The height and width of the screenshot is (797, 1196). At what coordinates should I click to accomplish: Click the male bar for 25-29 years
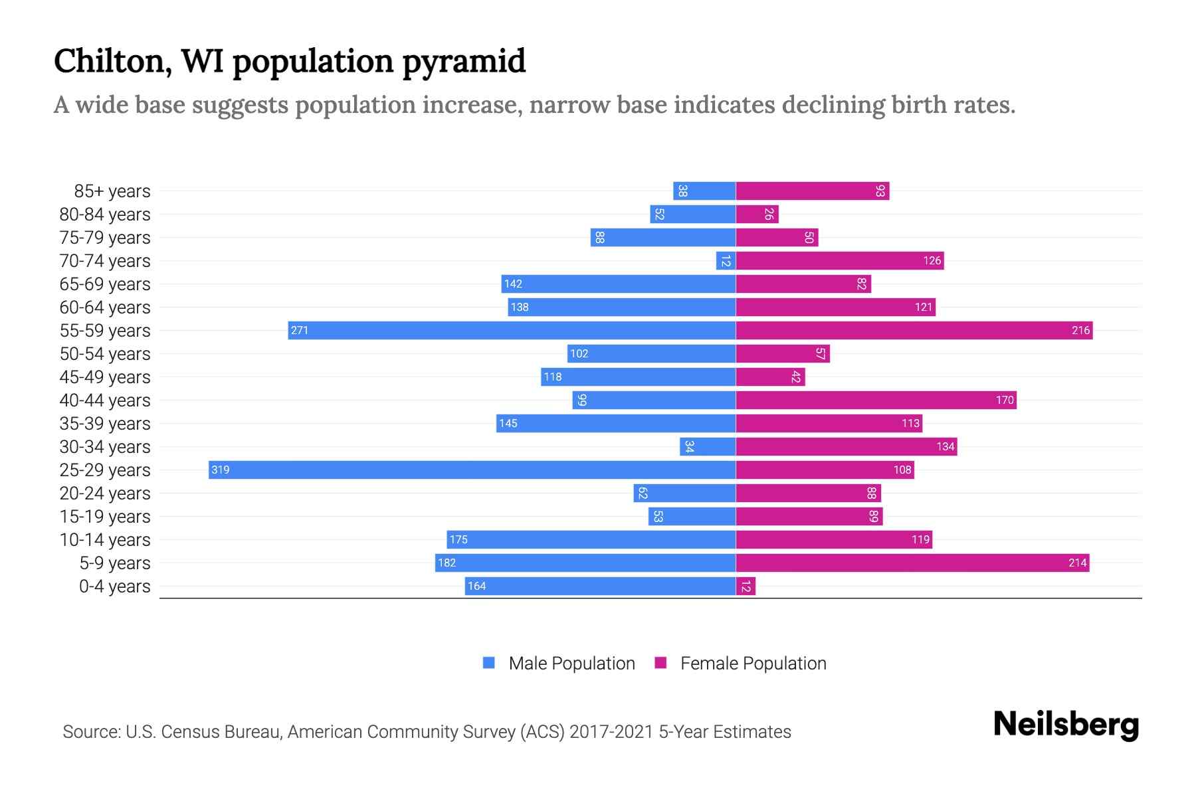click(x=472, y=470)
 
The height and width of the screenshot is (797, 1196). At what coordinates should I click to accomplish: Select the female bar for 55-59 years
click(x=914, y=330)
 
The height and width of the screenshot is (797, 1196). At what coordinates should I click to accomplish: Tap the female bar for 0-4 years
click(x=746, y=586)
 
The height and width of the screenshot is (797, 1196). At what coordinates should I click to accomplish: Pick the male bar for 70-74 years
click(x=726, y=260)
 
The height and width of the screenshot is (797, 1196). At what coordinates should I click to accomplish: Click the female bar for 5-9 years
click(x=912, y=563)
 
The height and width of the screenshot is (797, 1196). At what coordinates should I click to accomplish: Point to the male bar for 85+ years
click(x=704, y=191)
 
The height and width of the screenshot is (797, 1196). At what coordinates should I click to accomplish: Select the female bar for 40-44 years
click(x=876, y=400)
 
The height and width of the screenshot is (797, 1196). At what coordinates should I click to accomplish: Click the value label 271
click(x=300, y=330)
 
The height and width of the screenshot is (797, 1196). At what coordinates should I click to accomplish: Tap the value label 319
click(x=220, y=470)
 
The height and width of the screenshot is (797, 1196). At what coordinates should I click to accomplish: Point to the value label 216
click(x=1080, y=330)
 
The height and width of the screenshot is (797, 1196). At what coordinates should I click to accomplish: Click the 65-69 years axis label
click(x=105, y=284)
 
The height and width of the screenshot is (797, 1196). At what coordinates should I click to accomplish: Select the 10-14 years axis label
click(x=105, y=540)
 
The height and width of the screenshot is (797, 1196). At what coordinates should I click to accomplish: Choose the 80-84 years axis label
click(x=105, y=215)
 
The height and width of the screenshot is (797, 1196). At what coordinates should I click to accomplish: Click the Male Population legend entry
click(x=571, y=663)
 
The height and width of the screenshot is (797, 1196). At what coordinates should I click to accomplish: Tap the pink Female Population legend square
click(x=660, y=663)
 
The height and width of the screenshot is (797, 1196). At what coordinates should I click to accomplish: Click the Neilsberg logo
click(x=1066, y=724)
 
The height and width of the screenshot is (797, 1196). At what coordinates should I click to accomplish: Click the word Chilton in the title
click(x=109, y=61)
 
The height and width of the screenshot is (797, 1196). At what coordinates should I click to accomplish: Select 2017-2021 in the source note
click(x=611, y=732)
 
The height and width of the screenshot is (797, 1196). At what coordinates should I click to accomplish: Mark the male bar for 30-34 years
click(x=708, y=446)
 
